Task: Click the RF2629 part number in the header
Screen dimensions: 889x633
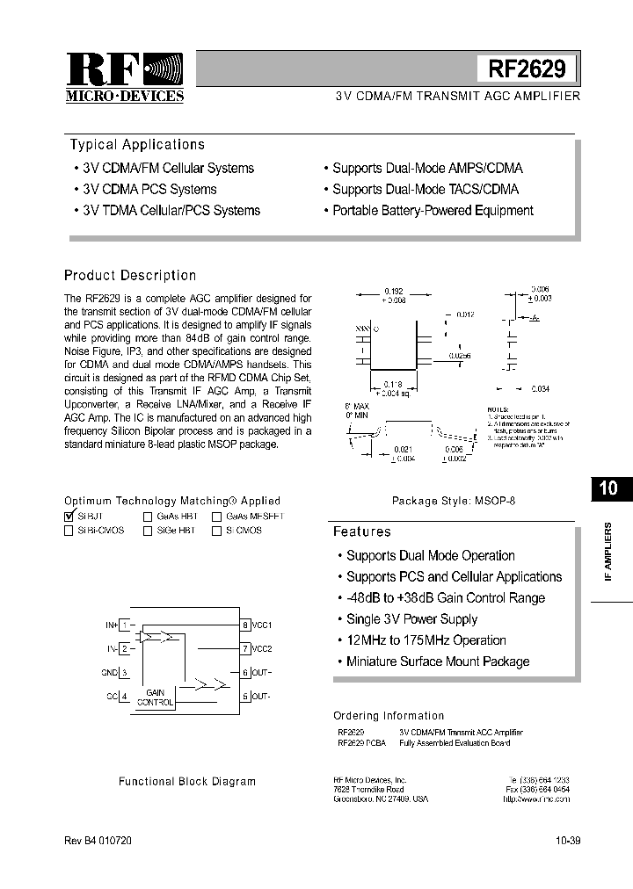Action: point(527,69)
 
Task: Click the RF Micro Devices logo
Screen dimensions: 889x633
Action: point(125,76)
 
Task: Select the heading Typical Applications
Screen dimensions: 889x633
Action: point(137,145)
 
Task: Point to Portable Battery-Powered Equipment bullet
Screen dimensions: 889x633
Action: point(432,211)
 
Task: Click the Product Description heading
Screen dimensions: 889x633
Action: point(130,276)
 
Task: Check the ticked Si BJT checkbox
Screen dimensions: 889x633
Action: point(69,517)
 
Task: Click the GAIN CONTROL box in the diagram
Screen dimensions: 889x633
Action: point(155,697)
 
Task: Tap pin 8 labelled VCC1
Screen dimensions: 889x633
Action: point(246,625)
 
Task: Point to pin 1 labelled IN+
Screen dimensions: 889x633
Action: point(126,625)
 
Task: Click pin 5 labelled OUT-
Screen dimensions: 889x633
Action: point(246,697)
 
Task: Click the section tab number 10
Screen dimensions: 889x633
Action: point(608,489)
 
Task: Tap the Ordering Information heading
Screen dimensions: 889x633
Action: point(389,716)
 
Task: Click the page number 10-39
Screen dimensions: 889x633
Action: point(567,841)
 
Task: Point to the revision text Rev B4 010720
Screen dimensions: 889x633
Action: point(99,841)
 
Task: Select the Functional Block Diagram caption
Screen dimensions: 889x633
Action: point(187,781)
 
